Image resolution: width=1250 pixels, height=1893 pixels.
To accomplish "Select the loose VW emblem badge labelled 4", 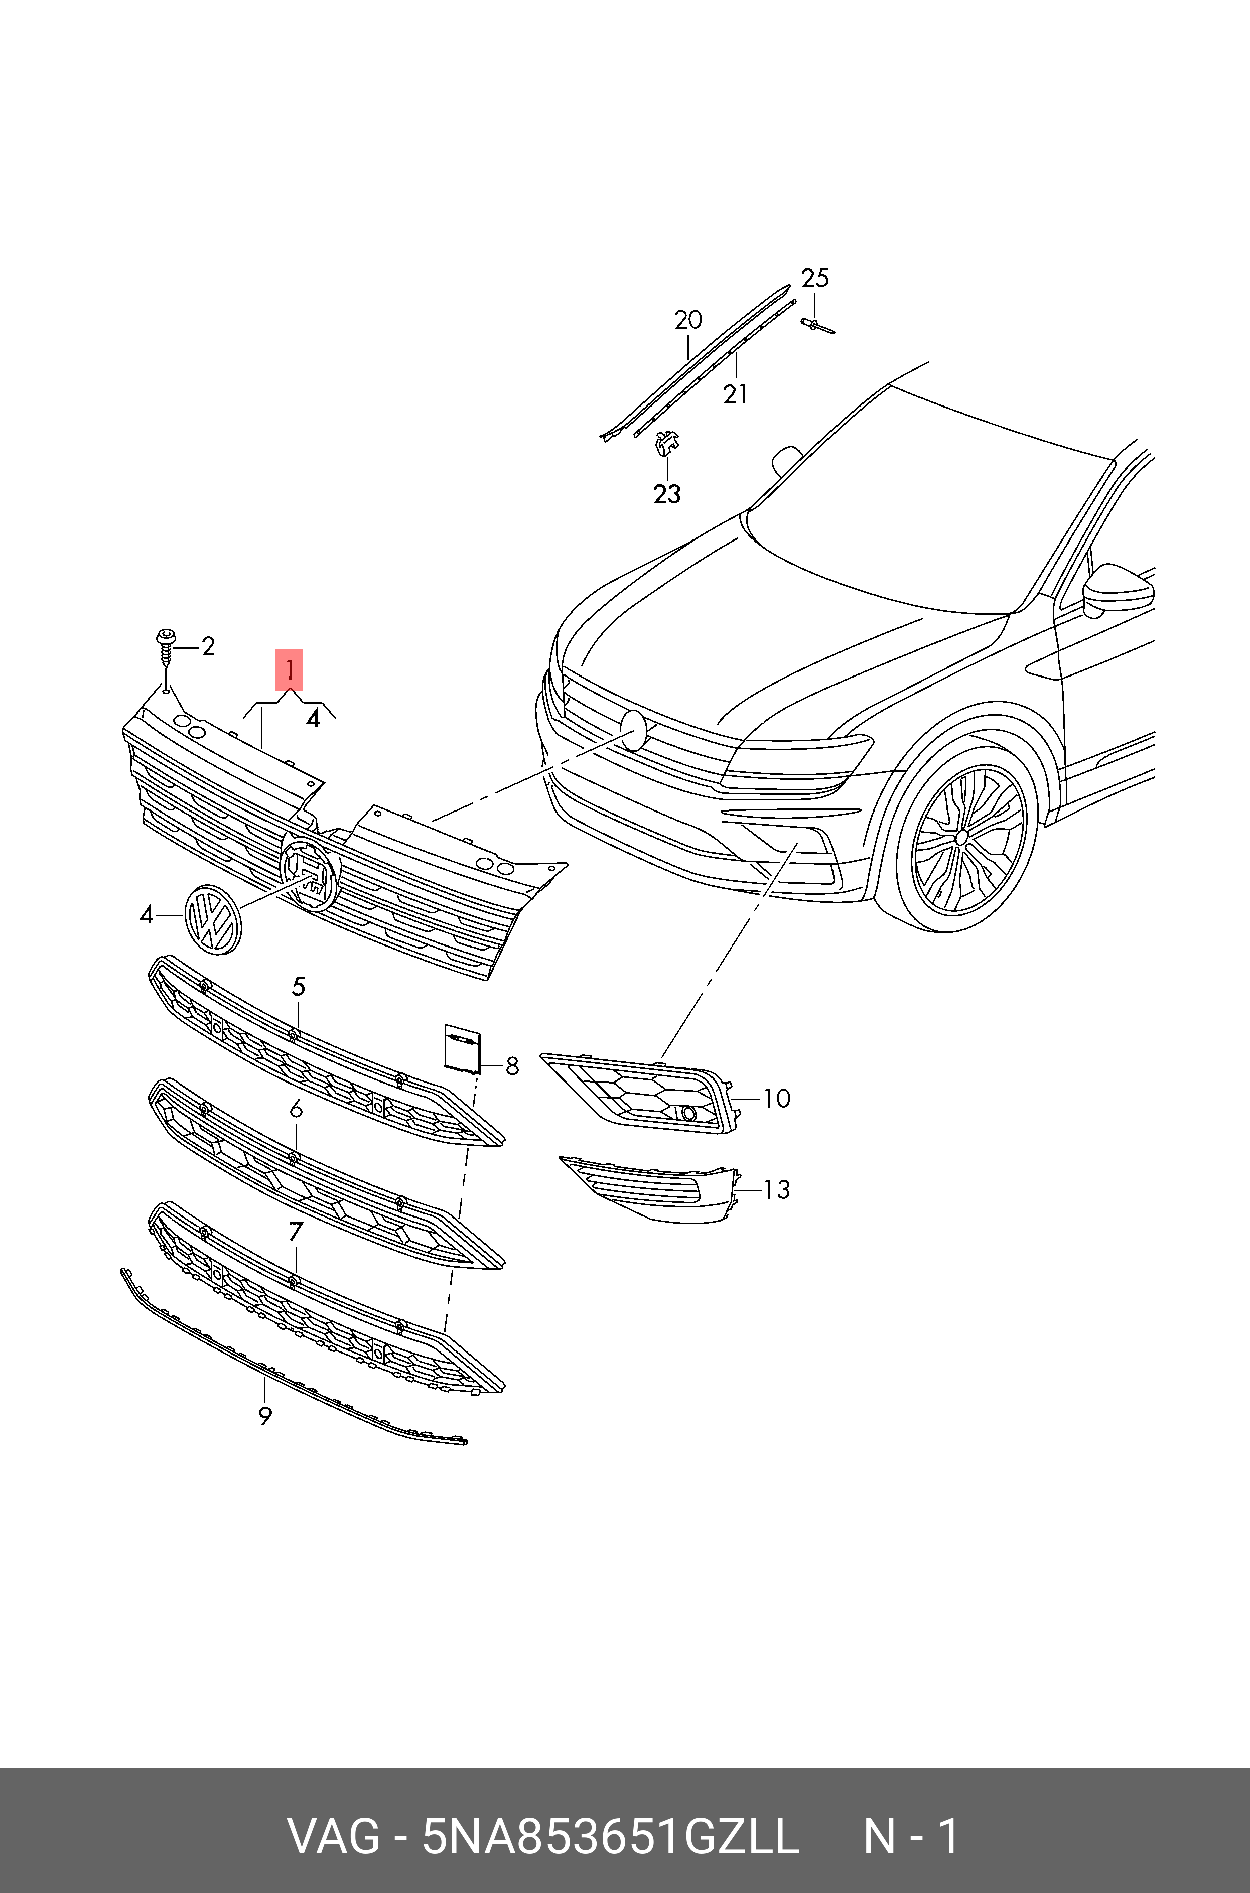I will (212, 919).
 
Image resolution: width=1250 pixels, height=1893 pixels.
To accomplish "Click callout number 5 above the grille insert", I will (298, 986).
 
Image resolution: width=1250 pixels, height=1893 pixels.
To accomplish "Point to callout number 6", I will (296, 1109).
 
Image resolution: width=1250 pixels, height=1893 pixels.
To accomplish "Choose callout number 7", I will (296, 1232).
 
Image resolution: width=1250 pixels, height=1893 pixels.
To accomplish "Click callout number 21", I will (735, 394).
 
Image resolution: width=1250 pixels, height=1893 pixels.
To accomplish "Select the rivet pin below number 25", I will (815, 324).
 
